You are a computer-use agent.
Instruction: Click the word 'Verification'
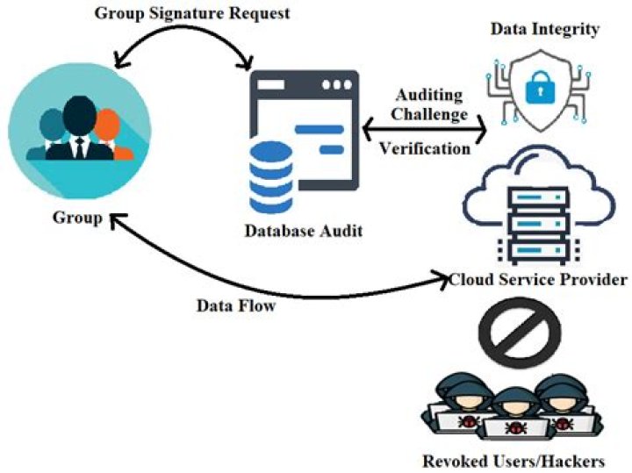(425, 148)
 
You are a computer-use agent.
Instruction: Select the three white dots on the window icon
(336, 87)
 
